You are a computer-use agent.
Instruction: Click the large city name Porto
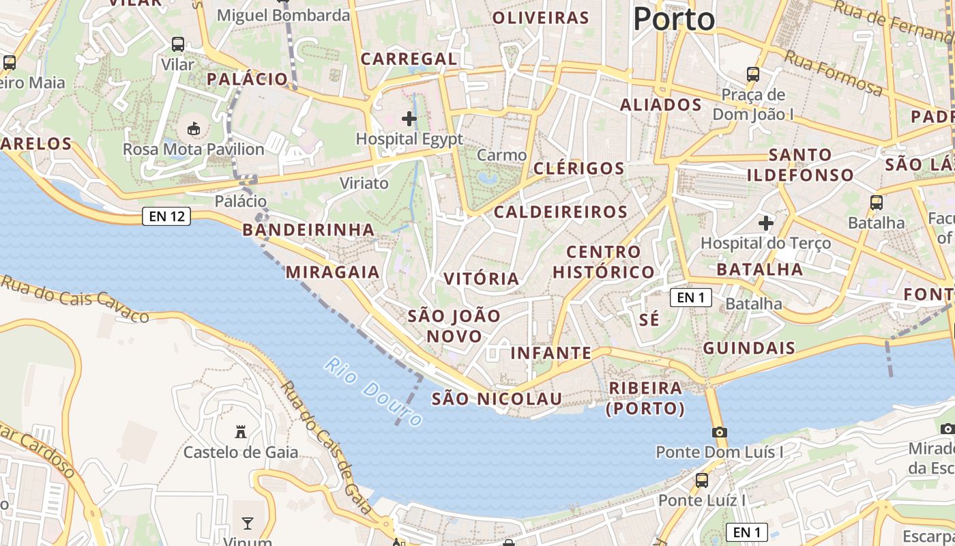(x=674, y=19)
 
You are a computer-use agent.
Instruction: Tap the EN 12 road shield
(x=166, y=217)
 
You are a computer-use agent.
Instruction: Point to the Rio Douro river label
(x=373, y=391)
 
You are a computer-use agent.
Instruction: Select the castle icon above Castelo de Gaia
(x=240, y=431)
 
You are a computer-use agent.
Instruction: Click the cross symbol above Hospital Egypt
(x=409, y=119)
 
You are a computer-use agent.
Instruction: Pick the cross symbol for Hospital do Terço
(x=766, y=222)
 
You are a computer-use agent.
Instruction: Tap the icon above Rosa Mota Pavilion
(x=194, y=128)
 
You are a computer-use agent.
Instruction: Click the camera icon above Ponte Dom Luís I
(x=719, y=432)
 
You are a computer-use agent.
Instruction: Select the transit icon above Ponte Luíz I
(x=702, y=480)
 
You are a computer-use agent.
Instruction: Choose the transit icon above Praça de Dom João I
(x=753, y=74)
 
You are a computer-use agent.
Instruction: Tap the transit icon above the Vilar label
(x=178, y=44)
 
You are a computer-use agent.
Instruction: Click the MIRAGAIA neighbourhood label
(x=333, y=272)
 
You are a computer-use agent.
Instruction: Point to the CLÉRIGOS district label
(x=579, y=169)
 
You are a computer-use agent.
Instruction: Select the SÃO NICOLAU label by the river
(x=497, y=399)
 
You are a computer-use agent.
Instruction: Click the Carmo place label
(x=501, y=156)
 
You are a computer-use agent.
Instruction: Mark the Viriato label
(x=364, y=183)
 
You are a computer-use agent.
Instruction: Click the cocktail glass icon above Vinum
(x=247, y=523)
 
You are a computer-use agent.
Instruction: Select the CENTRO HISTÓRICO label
(x=604, y=262)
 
